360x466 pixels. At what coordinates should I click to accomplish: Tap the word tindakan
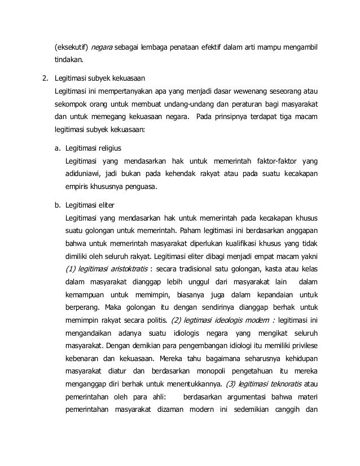click(69, 59)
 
